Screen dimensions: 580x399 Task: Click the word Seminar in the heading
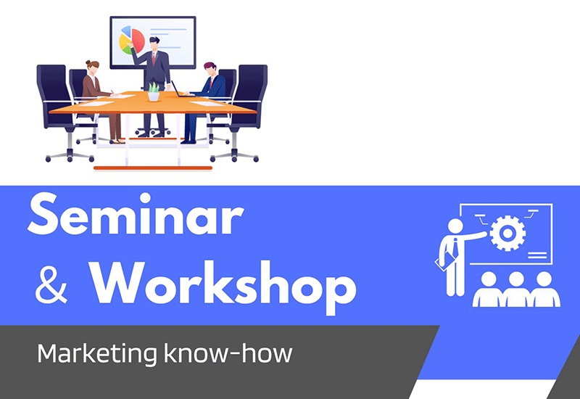[136, 214]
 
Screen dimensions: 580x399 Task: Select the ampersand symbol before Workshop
[51, 285]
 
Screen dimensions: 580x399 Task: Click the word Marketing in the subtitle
[97, 353]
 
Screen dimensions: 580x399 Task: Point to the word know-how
[228, 353]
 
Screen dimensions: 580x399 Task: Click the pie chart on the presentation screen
[132, 41]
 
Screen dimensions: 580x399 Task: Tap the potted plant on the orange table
[154, 92]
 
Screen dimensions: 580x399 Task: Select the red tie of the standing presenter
[154, 59]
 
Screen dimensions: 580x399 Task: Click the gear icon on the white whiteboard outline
[507, 233]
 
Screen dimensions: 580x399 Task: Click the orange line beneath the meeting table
[153, 168]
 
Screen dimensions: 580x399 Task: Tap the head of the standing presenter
[154, 43]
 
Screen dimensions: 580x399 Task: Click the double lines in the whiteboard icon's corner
[537, 255]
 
